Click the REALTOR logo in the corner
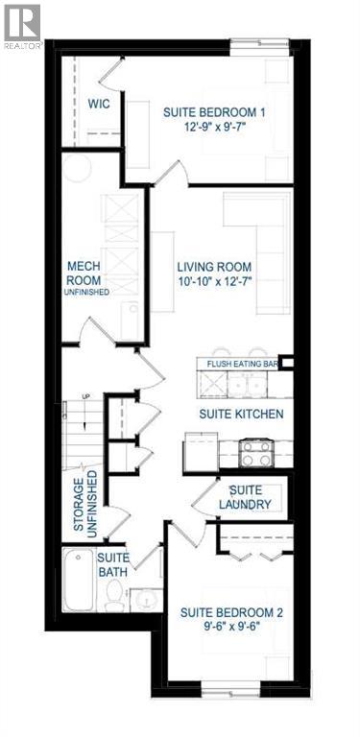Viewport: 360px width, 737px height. pos(21,25)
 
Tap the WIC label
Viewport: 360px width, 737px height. pos(101,104)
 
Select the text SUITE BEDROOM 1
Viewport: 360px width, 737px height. pos(213,112)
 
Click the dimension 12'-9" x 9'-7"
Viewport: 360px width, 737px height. pos(213,128)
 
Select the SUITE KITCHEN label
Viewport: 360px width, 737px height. pos(240,414)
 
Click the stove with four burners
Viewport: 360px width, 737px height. pos(256,452)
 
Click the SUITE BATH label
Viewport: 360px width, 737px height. pos(112,564)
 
